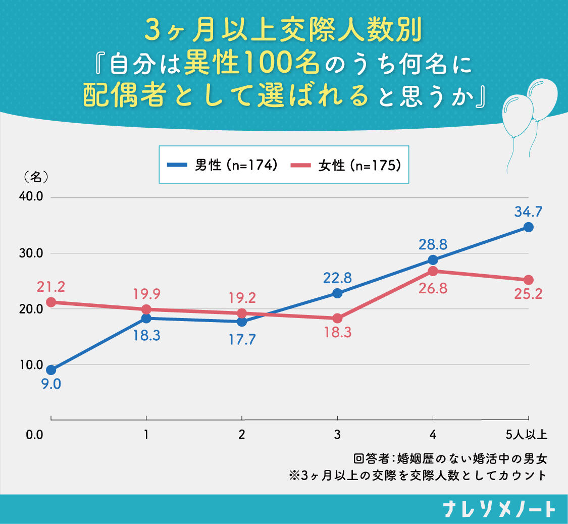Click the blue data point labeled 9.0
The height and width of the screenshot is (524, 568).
51,370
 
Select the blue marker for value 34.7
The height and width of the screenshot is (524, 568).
528,227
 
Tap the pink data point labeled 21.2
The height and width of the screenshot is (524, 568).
51,302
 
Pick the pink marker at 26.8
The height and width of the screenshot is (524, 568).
433,271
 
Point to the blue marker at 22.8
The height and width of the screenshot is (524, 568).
337,293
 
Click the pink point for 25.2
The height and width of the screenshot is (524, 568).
528,280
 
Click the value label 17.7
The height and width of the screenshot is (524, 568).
242,339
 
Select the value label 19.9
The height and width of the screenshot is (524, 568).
146,293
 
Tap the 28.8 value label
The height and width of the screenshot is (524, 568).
433,245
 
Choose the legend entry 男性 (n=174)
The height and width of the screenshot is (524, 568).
222,165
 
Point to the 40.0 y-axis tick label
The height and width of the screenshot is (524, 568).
32,197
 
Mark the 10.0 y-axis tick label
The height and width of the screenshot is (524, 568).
32,364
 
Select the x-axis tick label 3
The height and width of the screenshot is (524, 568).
337,434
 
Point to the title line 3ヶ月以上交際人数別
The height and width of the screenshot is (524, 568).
283,31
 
